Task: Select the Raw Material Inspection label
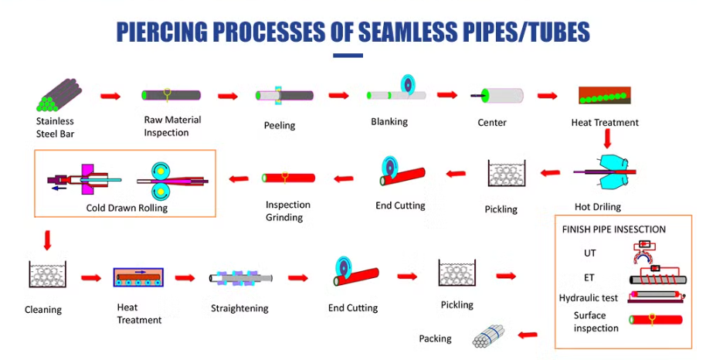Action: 172,126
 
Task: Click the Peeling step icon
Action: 285,95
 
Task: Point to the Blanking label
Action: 389,121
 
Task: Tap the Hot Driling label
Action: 598,207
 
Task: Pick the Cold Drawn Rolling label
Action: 127,208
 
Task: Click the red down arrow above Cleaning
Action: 48,239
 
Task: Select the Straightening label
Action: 239,308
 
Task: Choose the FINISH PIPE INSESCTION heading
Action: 613,229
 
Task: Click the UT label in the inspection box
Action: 590,253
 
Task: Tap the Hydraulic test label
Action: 589,297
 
